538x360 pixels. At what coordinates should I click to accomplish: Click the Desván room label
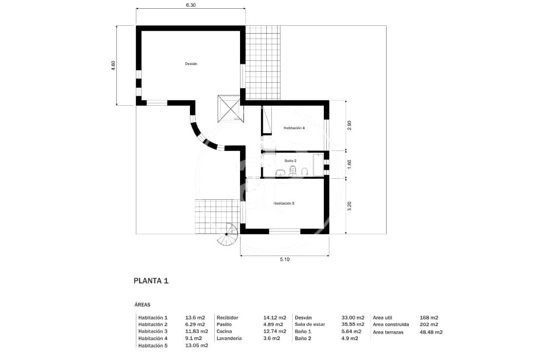pyautogui.click(x=191, y=64)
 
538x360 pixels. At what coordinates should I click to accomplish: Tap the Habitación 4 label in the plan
pyautogui.click(x=294, y=128)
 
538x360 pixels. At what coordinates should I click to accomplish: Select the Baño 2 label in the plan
pyautogui.click(x=290, y=160)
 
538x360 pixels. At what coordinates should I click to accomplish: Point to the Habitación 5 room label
pyautogui.click(x=284, y=203)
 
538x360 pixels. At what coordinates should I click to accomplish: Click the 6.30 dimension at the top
pyautogui.click(x=191, y=5)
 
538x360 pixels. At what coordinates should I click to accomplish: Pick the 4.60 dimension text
pyautogui.click(x=113, y=66)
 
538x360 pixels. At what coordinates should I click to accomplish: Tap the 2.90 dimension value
pyautogui.click(x=349, y=125)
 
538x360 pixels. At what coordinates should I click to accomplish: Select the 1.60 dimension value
pyautogui.click(x=349, y=165)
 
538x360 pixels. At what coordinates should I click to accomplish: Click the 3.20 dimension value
pyautogui.click(x=349, y=206)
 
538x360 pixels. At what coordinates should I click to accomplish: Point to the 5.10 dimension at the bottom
pyautogui.click(x=285, y=260)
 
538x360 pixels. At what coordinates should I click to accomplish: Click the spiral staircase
pyautogui.click(x=227, y=236)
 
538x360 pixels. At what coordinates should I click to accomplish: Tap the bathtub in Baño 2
pyautogui.click(x=318, y=165)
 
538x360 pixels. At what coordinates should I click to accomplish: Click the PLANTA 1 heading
pyautogui.click(x=151, y=281)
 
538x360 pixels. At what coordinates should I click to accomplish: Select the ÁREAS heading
pyautogui.click(x=142, y=304)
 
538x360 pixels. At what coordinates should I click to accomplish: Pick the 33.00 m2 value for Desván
pyautogui.click(x=352, y=317)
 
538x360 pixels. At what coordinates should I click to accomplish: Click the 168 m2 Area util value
pyautogui.click(x=429, y=317)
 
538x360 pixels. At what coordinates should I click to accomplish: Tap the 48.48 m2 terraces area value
pyautogui.click(x=431, y=332)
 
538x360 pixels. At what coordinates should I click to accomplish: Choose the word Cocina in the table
pyautogui.click(x=224, y=331)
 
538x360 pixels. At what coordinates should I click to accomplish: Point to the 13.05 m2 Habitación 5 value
pyautogui.click(x=197, y=345)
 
